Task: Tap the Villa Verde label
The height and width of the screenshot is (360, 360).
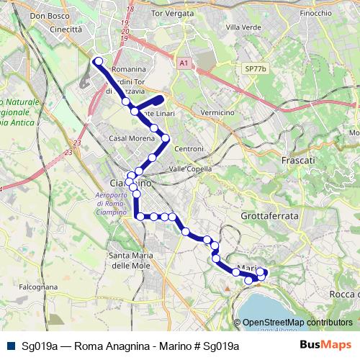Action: click(243, 27)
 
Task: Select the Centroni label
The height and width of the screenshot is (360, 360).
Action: click(189, 148)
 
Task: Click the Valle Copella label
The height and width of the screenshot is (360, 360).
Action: click(190, 168)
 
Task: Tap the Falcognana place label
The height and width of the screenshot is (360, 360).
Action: click(38, 287)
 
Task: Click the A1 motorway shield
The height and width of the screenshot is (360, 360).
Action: click(184, 63)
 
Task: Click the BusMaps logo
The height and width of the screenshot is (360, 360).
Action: click(326, 346)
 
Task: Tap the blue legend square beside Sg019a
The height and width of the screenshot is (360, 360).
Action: click(9, 346)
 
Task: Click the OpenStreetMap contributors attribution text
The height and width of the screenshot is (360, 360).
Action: click(297, 323)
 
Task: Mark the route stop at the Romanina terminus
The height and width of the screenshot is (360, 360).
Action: click(98, 62)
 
